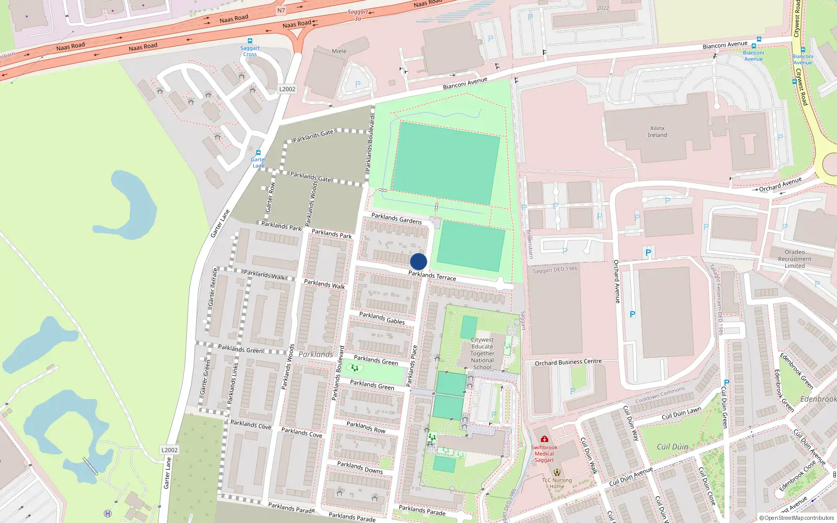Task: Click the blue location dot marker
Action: point(418,261)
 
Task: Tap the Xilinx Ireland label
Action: point(658,132)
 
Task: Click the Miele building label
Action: point(339,51)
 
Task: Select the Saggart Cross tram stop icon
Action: point(250,41)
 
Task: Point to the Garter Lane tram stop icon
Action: point(258,153)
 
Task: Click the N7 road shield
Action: point(281,10)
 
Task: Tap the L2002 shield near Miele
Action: point(287,89)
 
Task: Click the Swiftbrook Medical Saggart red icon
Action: point(545,439)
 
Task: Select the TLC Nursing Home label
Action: point(557,483)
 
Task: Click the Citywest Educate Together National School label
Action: point(482,354)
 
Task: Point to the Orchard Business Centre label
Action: point(568,362)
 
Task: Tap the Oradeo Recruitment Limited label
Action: point(795,259)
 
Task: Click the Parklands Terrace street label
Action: point(432,276)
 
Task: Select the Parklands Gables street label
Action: point(382,318)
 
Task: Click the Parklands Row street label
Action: point(366,427)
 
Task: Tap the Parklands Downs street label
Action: point(360,468)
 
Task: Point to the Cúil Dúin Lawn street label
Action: point(681,414)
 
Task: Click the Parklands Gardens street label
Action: point(397,219)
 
